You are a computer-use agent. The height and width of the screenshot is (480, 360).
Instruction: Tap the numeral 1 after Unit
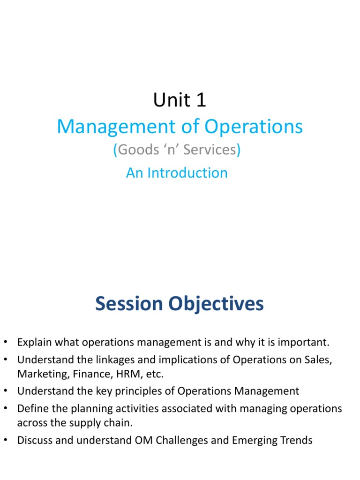tap(199, 100)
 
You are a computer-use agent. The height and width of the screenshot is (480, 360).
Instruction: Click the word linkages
tap(96, 360)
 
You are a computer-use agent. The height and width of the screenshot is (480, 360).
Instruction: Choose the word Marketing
tap(40, 374)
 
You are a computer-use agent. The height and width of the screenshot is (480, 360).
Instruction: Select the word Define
tap(31, 408)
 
